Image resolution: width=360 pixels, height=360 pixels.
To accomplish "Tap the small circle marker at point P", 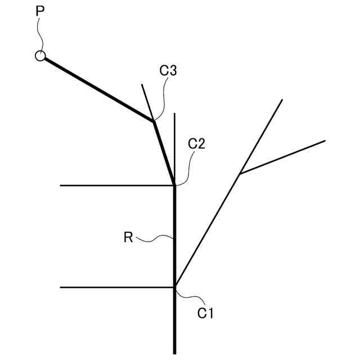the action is point(40,56).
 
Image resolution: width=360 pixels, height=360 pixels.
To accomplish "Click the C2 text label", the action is point(196,143).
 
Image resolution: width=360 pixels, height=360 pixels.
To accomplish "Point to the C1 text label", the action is point(205,313).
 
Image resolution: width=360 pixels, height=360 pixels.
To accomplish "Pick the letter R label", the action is point(128,237).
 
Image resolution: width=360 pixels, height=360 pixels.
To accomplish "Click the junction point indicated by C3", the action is point(154,120).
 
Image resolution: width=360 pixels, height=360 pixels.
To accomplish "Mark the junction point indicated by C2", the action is point(174,185).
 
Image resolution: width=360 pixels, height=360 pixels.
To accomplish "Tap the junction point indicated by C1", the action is point(175,287).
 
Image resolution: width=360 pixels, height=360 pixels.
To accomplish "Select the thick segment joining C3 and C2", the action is point(164,152).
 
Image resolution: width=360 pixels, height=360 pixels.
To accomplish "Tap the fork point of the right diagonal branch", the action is point(240,174).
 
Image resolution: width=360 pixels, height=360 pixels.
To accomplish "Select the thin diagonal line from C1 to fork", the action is point(208,231).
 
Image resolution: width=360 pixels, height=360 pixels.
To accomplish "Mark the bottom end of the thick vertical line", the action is point(175,352).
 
